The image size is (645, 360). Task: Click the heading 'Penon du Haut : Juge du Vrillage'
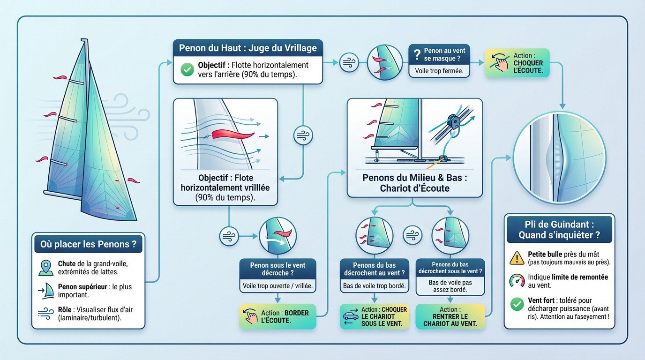point(248,48)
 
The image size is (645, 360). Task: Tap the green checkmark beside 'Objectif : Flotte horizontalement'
point(187,70)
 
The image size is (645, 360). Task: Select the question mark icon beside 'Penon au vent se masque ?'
point(417,54)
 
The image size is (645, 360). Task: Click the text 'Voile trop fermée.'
point(439,71)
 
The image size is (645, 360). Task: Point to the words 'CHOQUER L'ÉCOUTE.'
point(528,67)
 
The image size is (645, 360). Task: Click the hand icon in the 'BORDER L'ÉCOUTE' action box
point(250,316)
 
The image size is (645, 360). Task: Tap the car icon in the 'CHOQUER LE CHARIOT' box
point(351,316)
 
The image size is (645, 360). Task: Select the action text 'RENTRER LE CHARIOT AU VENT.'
point(450,320)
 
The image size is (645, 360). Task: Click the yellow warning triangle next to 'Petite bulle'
point(517,258)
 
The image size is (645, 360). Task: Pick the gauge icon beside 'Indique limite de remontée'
point(517,280)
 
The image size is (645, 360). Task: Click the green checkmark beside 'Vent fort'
point(517,304)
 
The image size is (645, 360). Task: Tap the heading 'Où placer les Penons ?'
point(88,244)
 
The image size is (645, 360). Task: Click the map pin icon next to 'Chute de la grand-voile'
point(46,268)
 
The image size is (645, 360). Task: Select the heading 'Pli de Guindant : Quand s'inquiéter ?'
point(559,230)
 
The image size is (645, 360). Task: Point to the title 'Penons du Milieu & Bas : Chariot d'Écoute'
point(415,183)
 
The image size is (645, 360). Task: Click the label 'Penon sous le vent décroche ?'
point(277,269)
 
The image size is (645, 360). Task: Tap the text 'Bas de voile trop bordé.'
point(375,286)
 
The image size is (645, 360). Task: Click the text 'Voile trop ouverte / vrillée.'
point(277,286)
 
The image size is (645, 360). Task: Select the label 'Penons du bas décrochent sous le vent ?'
point(450,268)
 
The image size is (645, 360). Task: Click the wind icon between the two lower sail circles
point(412,235)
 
